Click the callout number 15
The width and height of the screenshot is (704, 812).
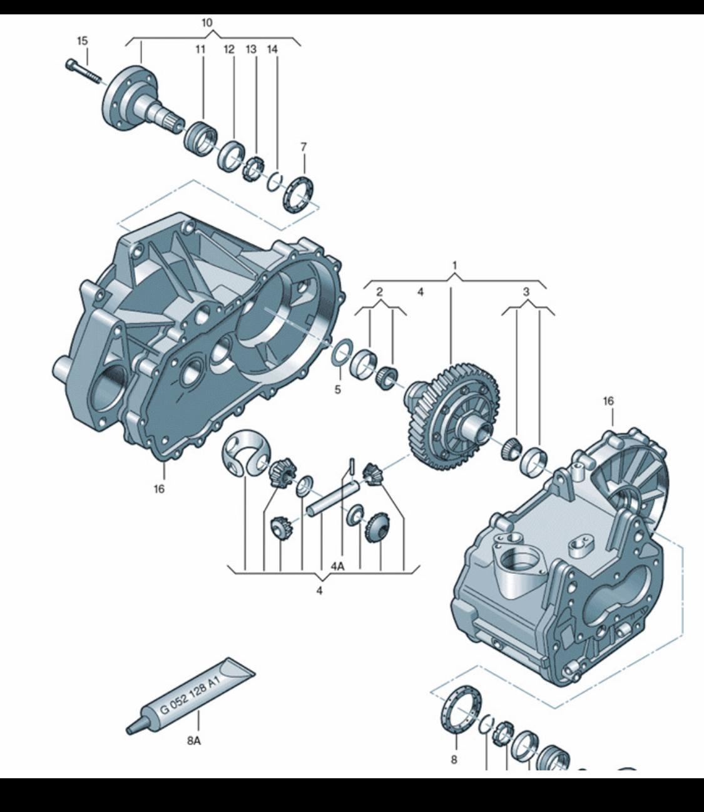point(82,41)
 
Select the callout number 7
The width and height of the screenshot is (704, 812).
point(304,147)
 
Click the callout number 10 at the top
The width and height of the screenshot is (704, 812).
point(207,23)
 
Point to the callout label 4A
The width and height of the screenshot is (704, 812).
point(337,566)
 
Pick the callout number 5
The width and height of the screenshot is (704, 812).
point(338,390)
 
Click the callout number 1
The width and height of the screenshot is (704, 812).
point(455,266)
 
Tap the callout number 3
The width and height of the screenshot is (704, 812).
point(527,292)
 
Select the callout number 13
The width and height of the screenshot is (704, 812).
point(251,49)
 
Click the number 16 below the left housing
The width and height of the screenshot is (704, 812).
point(159,489)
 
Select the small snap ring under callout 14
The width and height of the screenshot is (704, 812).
point(275,181)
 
